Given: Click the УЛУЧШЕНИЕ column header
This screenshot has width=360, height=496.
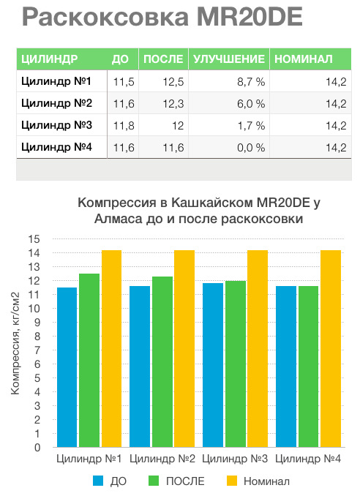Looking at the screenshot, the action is pyautogui.click(x=229, y=59).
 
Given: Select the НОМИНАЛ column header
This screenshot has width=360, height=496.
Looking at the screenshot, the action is pyautogui.click(x=304, y=59).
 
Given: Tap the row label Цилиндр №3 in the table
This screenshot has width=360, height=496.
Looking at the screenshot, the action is pyautogui.click(x=56, y=125).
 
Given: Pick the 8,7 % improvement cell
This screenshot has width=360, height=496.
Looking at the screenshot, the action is pyautogui.click(x=251, y=82).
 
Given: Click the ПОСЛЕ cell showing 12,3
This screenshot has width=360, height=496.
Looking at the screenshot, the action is pyautogui.click(x=173, y=104).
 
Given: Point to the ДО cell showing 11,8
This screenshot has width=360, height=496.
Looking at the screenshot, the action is pyautogui.click(x=124, y=126).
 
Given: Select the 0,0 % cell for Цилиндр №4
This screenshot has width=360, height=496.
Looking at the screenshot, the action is pyautogui.click(x=251, y=148).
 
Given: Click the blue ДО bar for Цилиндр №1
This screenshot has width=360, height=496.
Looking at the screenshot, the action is pyautogui.click(x=67, y=367).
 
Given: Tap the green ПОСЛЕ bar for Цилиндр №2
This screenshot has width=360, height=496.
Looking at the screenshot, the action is pyautogui.click(x=162, y=362).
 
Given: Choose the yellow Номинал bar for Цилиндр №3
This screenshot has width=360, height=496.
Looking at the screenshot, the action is pyautogui.click(x=258, y=349).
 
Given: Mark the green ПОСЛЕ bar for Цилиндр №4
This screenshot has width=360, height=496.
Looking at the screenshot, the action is pyautogui.click(x=309, y=367).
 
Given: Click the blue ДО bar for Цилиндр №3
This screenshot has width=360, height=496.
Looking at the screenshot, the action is pyautogui.click(x=213, y=365).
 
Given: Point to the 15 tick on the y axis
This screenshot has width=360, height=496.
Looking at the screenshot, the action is pyautogui.click(x=34, y=239).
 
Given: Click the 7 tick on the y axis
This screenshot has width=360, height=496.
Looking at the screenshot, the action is pyautogui.click(x=37, y=350).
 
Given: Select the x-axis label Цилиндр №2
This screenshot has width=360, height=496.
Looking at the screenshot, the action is pyautogui.click(x=162, y=459).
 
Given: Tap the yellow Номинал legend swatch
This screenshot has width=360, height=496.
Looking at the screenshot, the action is pyautogui.click(x=232, y=481).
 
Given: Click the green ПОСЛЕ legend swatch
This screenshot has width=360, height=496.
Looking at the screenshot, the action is pyautogui.click(x=154, y=481).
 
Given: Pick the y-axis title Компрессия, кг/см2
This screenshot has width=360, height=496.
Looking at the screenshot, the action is pyautogui.click(x=15, y=344).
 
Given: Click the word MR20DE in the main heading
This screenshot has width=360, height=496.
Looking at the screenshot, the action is pyautogui.click(x=250, y=16).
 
